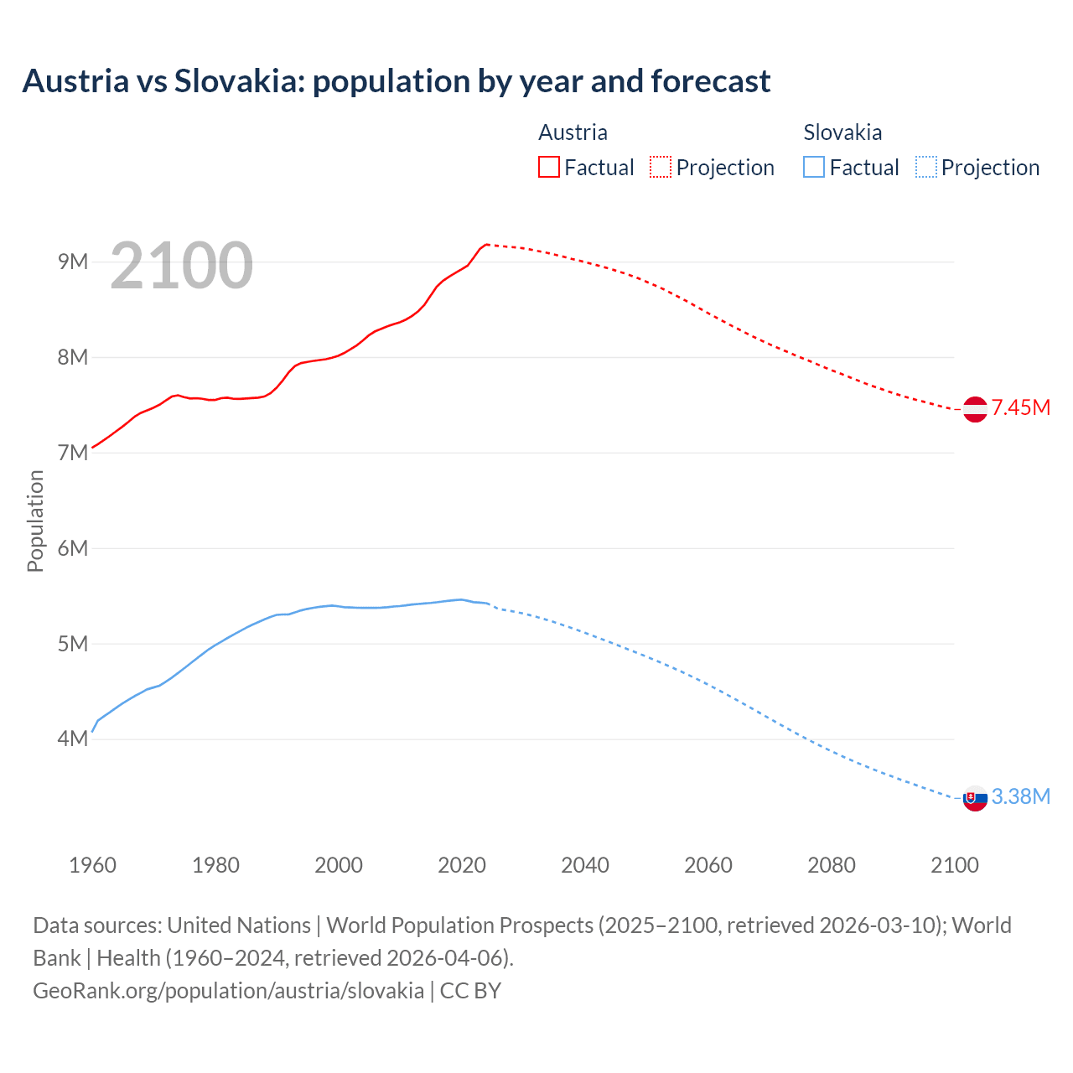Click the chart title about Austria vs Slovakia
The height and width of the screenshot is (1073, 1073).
pos(396,81)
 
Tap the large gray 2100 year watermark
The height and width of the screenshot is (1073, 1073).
pos(181,266)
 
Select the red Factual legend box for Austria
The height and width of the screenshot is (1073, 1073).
pos(548,167)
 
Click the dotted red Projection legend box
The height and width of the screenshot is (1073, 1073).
pos(661,167)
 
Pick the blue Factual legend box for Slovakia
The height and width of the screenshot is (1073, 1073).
pos(814,167)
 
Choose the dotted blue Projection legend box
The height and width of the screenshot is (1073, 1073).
pos(926,167)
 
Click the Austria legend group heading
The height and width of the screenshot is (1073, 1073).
pos(573,132)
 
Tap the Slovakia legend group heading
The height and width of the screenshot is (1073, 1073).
pos(842,132)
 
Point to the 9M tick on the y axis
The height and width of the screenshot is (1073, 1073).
pos(73,262)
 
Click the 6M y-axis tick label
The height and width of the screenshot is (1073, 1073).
pos(73,548)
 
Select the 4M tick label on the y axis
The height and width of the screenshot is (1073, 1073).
pos(73,739)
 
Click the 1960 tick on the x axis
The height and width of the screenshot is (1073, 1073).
pos(92,865)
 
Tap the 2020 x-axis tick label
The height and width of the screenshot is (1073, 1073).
pos(462,865)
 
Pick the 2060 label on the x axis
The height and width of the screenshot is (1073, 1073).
pos(708,865)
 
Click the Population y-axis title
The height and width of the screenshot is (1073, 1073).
pos(35,521)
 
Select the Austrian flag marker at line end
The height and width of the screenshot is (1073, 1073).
pos(975,409)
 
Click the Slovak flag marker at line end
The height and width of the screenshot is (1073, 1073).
pos(975,799)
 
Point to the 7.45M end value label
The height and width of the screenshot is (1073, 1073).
pos(1020,408)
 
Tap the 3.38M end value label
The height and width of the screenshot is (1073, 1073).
pos(1020,797)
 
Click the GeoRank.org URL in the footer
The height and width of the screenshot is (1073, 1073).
pos(228,990)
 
